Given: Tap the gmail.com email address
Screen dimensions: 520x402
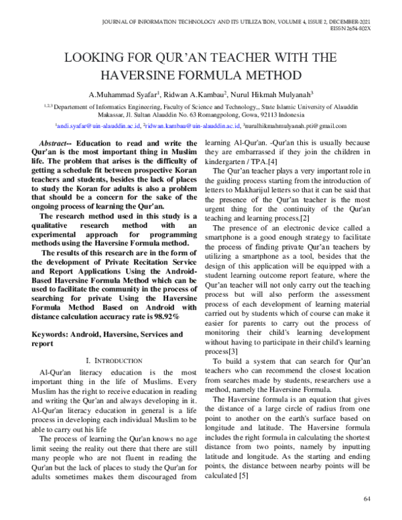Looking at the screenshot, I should [x=295, y=125].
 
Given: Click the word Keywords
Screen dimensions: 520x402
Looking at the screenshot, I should [x=54, y=333].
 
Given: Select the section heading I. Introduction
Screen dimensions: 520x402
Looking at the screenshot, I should [x=115, y=361].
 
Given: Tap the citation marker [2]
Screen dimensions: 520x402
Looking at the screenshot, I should [x=305, y=218].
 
